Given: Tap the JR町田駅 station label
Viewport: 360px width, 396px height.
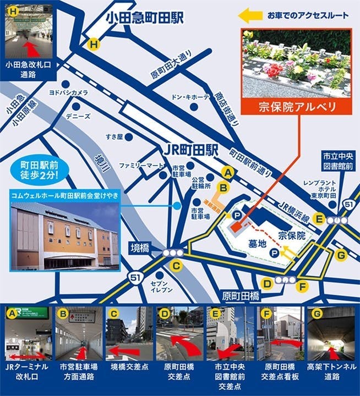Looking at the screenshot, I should (x=191, y=150).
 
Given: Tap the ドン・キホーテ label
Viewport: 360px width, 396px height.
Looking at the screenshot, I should (x=190, y=97).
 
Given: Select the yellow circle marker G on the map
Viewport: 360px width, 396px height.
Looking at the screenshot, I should (x=341, y=255).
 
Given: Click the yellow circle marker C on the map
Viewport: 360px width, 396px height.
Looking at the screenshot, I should (x=176, y=267).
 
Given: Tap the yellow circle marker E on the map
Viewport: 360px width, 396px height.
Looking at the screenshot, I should (x=318, y=218).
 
